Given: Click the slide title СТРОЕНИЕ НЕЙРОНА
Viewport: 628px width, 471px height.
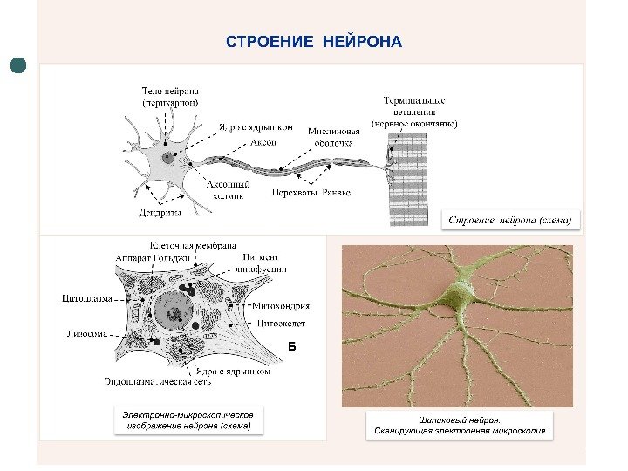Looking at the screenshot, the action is tap(314, 42).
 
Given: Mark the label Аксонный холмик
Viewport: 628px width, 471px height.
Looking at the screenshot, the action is tap(229, 190).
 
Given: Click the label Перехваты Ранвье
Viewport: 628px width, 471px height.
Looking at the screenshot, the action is tap(311, 192).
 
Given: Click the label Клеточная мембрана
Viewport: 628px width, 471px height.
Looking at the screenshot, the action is tap(193, 246).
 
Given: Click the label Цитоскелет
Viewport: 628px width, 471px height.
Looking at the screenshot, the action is tap(280, 322).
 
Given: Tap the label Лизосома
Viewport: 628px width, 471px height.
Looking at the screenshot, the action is tap(87, 333).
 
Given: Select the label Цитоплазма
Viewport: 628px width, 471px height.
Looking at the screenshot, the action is tap(88, 299).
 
